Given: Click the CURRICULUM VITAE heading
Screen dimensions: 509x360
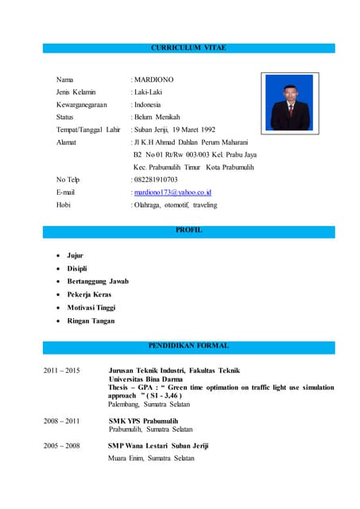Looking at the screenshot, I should click(188, 49).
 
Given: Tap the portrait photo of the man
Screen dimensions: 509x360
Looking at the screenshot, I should click(288, 102).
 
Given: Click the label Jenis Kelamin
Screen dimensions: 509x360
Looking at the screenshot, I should click(77, 92).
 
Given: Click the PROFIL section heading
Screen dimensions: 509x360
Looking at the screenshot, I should click(188, 231).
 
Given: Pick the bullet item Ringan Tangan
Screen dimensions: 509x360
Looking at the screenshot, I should click(90, 321).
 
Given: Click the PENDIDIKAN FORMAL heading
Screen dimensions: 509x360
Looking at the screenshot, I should click(188, 346).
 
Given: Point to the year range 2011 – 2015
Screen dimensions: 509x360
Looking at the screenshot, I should click(61, 371).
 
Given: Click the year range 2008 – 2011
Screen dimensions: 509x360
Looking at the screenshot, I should click(61, 421).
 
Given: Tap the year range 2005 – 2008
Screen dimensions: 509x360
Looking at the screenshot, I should click(61, 446).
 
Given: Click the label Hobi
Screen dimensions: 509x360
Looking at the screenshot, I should click(64, 204).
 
